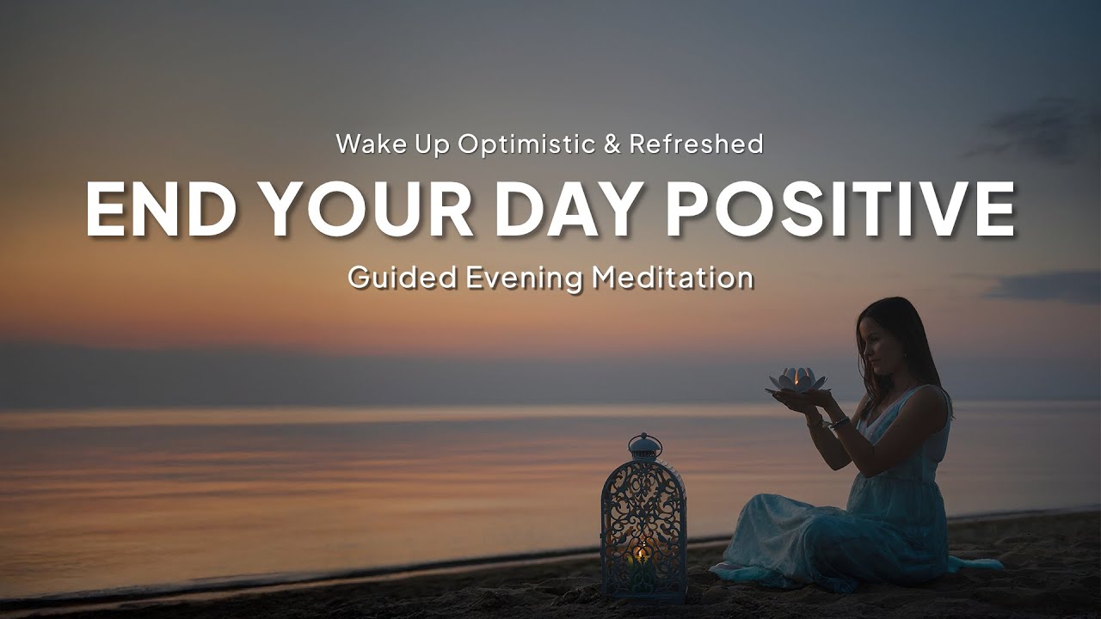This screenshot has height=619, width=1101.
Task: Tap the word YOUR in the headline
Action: [x=367, y=211]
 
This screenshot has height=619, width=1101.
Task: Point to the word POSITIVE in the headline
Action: [x=841, y=211]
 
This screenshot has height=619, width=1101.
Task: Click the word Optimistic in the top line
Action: [x=526, y=144]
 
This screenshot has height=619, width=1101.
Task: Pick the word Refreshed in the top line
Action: [x=696, y=144]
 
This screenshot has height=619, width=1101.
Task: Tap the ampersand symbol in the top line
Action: [x=612, y=144]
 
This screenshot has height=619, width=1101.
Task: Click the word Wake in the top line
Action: [x=369, y=144]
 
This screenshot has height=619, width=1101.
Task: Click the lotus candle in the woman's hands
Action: [x=797, y=380]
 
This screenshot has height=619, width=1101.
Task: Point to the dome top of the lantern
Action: [x=644, y=448]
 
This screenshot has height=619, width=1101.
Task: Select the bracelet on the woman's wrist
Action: [x=838, y=422]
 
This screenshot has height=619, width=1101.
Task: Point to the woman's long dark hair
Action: [x=912, y=344]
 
